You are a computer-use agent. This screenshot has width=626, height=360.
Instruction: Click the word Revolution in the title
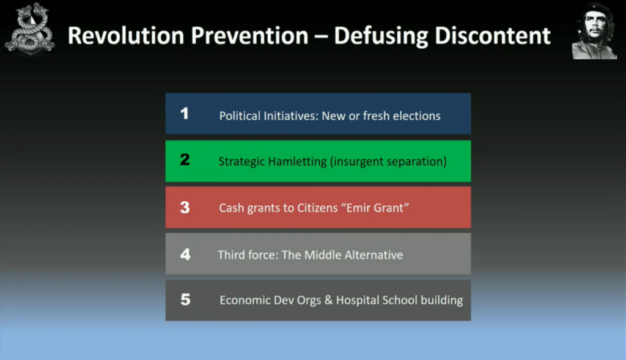126,35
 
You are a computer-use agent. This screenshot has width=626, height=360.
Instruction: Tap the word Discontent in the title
493,35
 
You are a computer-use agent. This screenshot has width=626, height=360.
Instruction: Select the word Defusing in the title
380,37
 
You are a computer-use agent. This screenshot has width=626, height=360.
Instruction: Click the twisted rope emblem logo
29,29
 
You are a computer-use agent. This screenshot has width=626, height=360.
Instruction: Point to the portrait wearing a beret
594,32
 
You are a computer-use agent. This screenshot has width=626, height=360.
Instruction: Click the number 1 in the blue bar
185,113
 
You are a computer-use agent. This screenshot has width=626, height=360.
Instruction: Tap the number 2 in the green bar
185,160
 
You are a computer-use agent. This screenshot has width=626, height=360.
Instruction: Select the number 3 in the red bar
185,208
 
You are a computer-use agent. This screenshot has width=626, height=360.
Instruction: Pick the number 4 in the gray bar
185,254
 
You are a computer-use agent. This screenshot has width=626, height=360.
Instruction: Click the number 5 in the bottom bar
185,299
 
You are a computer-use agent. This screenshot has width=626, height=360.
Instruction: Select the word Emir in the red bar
358,208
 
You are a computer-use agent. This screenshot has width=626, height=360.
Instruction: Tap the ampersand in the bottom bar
328,300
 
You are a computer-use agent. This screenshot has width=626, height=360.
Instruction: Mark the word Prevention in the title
249,35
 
